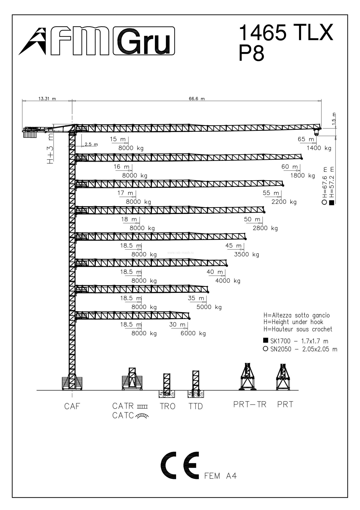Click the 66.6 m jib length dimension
coord(197,99)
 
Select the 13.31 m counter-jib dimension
coord(47,99)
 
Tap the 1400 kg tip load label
coord(319,148)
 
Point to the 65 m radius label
coord(306,139)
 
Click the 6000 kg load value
coord(193,333)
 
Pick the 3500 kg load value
coord(247,254)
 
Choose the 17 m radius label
coord(125,193)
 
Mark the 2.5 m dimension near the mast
coord(91,144)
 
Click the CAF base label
coord(72,406)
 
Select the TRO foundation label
coord(168,406)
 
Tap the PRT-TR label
coord(250,404)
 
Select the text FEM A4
coord(221,476)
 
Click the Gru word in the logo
coord(144,41)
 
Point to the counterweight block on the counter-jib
coord(30,133)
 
